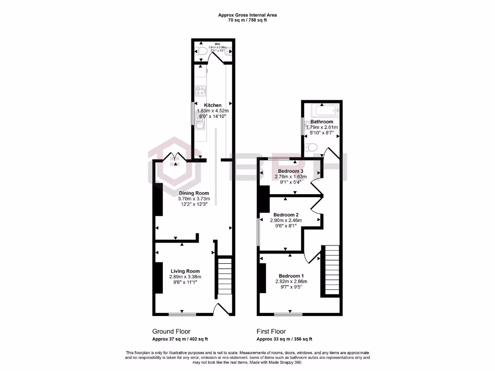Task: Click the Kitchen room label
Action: coord(213,105)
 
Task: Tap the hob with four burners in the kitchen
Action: coord(200,90)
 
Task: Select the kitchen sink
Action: coord(200,125)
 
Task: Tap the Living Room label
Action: coord(185,271)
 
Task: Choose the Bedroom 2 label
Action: coord(286,214)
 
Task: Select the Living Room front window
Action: coord(183,314)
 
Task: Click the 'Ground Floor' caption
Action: coord(171,331)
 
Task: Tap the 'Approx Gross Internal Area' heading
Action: coord(247,15)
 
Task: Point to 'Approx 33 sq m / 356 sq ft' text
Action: coord(284,339)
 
